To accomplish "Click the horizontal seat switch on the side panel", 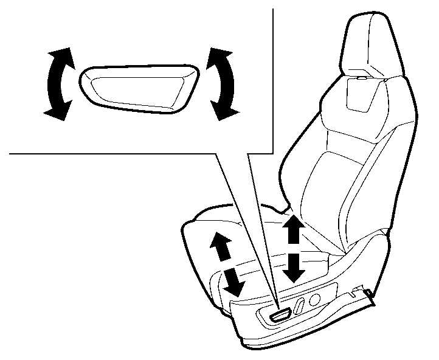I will click(282, 314).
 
